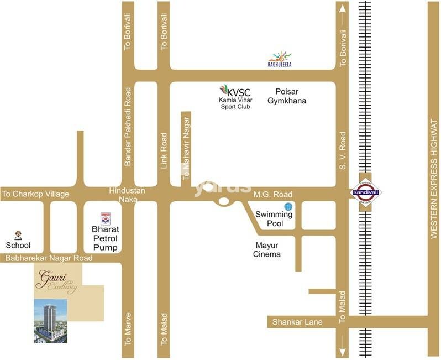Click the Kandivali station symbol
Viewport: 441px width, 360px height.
pos(365,192)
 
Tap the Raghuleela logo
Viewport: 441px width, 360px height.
pos(280,59)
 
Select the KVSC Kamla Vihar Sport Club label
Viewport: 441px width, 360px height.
pos(235,97)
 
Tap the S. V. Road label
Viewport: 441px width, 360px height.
pos(343,150)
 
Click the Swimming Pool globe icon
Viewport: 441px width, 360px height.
pos(287,207)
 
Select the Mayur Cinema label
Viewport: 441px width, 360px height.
pos(267,249)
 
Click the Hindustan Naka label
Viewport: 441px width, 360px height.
pos(127,195)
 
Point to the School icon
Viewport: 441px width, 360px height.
pos(18,236)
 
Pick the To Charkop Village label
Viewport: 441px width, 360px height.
pos(35,194)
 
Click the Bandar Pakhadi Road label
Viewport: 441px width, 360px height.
pos(128,127)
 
